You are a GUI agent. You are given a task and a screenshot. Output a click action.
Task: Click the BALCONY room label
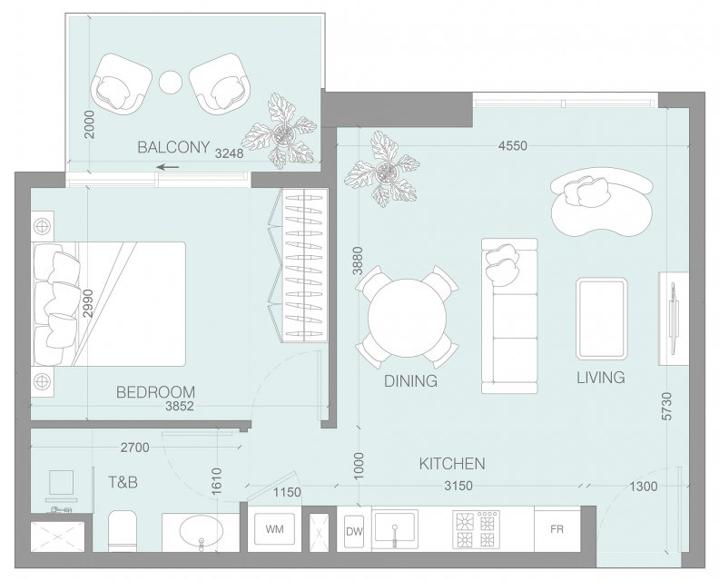[173, 147]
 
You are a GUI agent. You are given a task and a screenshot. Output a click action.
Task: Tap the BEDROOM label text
[155, 392]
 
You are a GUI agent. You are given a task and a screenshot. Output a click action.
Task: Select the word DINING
[410, 381]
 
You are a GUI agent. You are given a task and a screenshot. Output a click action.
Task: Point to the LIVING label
[601, 378]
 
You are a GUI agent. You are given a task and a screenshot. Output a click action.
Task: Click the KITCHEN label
[452, 464]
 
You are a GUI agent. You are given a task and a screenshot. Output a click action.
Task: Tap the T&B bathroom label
[123, 482]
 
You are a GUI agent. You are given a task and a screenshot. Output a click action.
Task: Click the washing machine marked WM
[274, 528]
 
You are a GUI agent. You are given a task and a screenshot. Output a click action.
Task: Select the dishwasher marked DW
[354, 531]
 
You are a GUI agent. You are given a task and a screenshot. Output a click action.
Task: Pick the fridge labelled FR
[556, 529]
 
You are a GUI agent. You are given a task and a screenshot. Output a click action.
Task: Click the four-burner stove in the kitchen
[477, 529]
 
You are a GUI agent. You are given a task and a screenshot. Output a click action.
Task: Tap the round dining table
[408, 319]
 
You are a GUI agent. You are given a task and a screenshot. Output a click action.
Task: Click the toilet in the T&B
[123, 530]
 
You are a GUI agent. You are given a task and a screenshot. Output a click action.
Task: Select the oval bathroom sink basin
[201, 532]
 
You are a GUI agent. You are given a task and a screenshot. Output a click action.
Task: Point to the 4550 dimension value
[513, 146]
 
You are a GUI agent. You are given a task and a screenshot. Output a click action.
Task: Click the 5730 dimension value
[667, 406]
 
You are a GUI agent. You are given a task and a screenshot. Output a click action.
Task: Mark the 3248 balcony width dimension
[230, 153]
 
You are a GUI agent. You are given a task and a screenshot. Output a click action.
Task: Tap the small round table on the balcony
[171, 83]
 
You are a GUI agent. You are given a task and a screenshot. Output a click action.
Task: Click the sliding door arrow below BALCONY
[168, 167]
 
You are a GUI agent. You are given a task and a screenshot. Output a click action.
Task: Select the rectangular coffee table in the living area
[601, 319]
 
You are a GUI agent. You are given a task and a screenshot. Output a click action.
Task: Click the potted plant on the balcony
[280, 132]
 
